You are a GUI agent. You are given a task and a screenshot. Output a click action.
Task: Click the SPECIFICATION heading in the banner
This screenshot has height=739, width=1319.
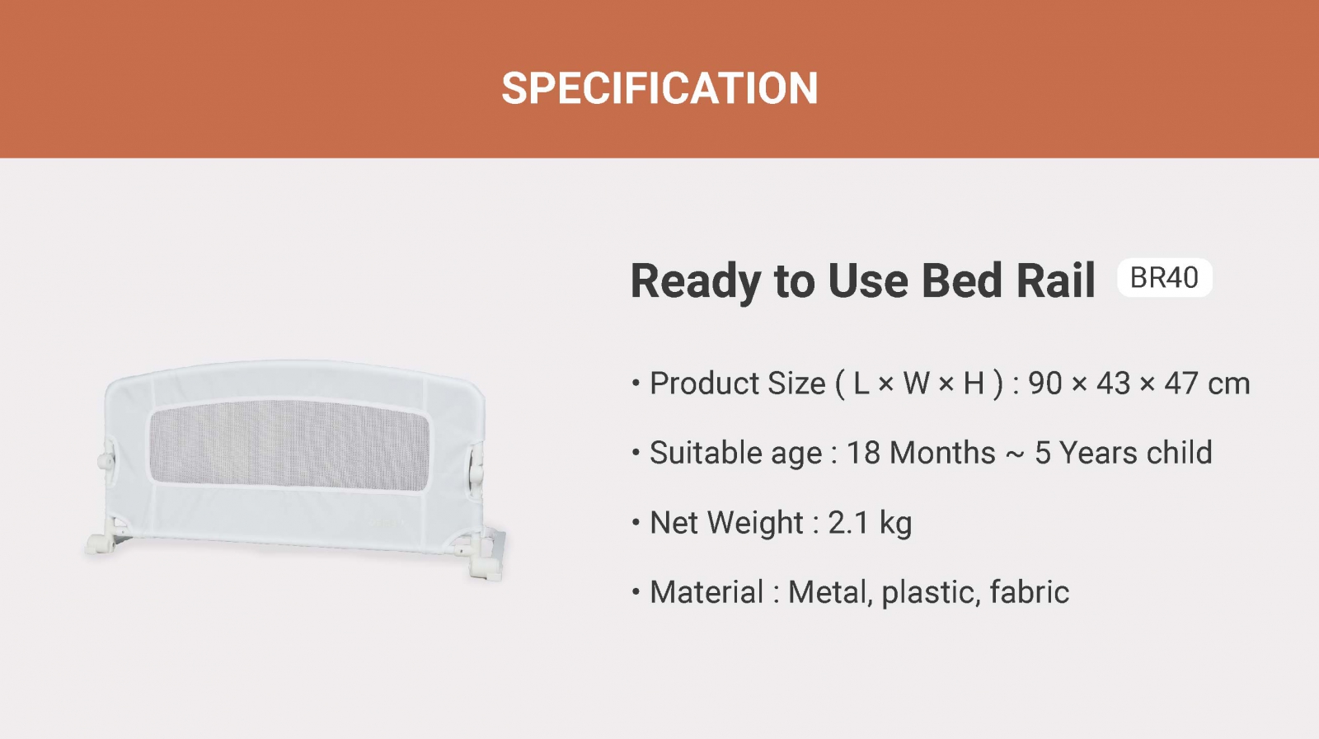pos(659,88)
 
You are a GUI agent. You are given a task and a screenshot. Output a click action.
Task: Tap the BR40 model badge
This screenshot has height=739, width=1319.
pos(1164,278)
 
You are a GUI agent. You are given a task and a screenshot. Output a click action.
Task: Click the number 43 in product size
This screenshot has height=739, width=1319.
pos(1114,384)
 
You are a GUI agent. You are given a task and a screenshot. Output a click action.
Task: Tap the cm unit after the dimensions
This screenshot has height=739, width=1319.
pos(1229,385)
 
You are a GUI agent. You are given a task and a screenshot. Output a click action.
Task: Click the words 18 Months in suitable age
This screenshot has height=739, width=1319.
pos(921,453)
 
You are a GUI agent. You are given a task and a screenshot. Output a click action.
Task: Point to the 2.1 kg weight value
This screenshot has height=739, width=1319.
pos(870,523)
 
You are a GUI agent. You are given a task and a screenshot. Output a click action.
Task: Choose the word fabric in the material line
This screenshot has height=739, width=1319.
pos(1030,592)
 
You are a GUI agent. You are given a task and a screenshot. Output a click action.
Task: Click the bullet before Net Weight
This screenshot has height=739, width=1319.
pos(636,523)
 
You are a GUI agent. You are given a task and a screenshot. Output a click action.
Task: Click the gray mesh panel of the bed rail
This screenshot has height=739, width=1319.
pos(289,445)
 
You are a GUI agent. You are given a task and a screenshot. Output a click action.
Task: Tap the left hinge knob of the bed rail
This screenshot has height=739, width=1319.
pos(106,460)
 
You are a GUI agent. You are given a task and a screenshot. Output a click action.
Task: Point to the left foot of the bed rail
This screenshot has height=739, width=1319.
pos(101,544)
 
